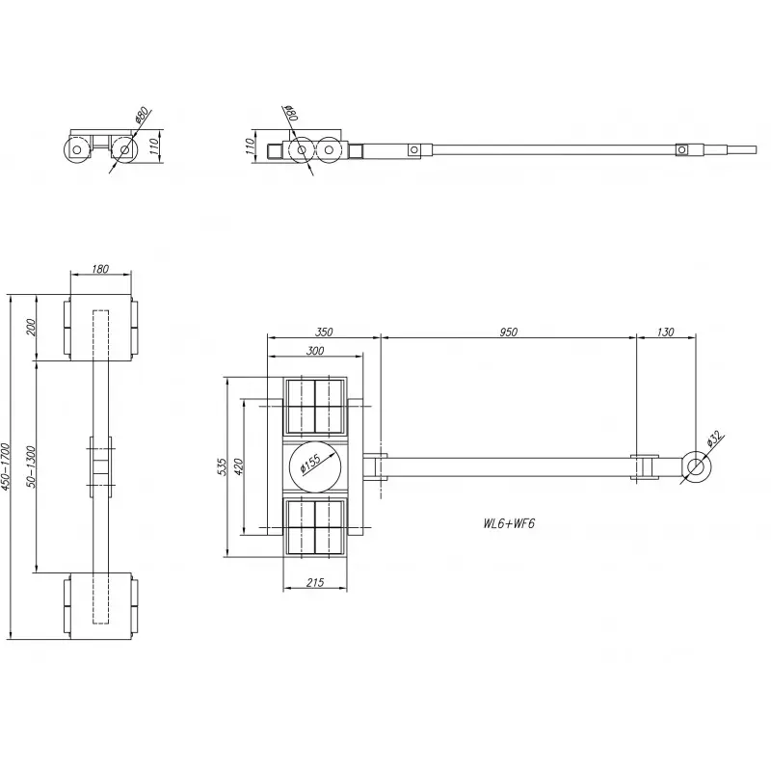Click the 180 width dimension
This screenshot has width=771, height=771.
tap(100, 270)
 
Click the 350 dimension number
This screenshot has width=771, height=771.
tap(324, 332)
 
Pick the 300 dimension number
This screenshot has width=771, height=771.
tap(314, 351)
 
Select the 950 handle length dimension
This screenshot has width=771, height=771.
tap(509, 332)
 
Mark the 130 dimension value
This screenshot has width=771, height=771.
tap(665, 332)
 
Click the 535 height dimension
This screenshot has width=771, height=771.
tap(223, 466)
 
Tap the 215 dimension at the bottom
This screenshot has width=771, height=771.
tap(314, 582)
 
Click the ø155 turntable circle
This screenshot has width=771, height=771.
tap(314, 466)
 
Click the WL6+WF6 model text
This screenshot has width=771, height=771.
tap(509, 524)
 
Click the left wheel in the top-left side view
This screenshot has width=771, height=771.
tap(74, 150)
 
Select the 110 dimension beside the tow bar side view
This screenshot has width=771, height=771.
tap(250, 146)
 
